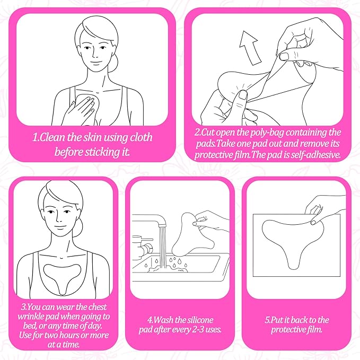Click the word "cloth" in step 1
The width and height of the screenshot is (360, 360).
141,137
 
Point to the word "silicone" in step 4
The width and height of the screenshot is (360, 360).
200,320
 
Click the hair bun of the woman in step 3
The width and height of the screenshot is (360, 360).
78,227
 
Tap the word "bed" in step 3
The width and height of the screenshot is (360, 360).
30,326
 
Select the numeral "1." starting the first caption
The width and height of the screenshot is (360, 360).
36,137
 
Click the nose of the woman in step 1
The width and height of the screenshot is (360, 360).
95,54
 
